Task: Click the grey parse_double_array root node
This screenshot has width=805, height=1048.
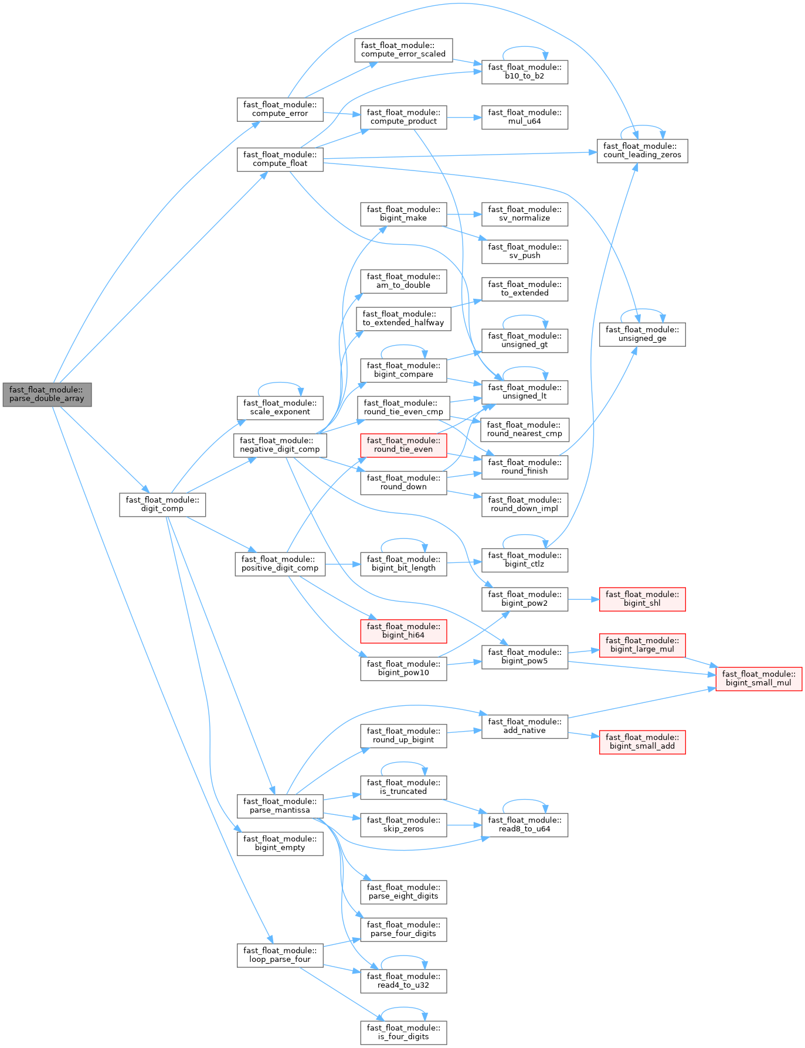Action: (47, 394)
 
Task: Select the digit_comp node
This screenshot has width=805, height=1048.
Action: (162, 504)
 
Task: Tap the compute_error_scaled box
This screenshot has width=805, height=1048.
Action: (403, 50)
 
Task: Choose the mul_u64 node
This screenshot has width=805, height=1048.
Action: (525, 117)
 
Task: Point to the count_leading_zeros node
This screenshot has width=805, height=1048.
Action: (642, 151)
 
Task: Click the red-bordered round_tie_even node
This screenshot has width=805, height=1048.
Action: (403, 445)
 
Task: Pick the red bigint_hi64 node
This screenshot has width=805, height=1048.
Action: (403, 631)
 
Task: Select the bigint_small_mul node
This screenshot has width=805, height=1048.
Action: (759, 678)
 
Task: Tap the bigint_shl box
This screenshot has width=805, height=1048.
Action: (642, 599)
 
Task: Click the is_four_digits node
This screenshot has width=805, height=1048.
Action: (403, 1032)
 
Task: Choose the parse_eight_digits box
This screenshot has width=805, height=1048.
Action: (403, 892)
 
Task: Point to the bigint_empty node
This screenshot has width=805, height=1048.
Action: (280, 843)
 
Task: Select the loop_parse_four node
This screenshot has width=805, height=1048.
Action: (280, 955)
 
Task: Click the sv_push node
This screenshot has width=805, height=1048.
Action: (525, 251)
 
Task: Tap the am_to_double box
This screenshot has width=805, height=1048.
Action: (403, 281)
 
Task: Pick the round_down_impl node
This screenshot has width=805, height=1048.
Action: (525, 504)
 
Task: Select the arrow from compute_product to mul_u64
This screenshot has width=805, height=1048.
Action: (464, 117)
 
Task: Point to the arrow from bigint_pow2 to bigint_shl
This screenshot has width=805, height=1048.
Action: (583, 599)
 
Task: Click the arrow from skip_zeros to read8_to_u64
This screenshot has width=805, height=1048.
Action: (464, 825)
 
